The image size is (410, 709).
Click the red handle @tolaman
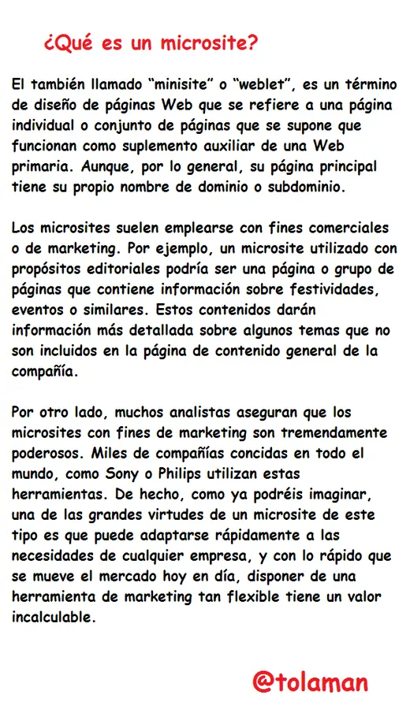(310, 681)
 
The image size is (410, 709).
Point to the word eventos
(39, 310)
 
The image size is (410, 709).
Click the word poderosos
(47, 453)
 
